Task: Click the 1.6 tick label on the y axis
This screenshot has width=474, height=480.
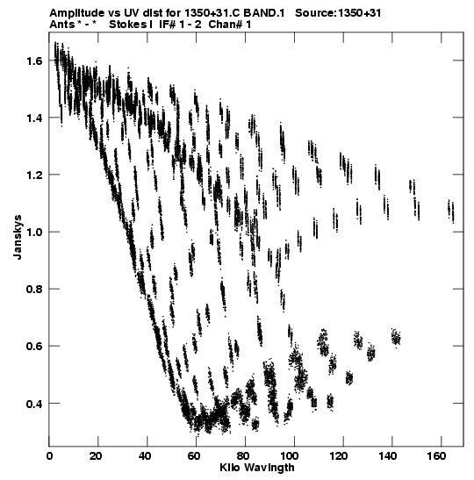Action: [x=33, y=61]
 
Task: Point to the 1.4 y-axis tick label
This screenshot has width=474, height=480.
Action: [x=33, y=118]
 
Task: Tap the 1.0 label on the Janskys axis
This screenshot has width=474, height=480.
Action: [x=33, y=232]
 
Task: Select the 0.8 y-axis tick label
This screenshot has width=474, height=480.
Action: [x=33, y=289]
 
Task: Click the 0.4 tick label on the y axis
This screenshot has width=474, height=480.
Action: [x=33, y=404]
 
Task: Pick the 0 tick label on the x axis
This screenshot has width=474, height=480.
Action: [x=49, y=456]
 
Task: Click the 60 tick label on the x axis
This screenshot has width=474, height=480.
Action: [x=194, y=456]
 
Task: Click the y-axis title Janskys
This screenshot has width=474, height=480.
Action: [x=18, y=237]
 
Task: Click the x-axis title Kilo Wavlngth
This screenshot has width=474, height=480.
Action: [x=257, y=468]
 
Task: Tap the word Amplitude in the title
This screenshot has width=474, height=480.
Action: [x=76, y=13]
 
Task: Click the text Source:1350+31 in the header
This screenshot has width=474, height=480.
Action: [x=338, y=13]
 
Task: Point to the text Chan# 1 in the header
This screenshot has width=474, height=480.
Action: [x=230, y=25]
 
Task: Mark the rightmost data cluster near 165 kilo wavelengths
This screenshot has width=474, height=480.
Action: [x=450, y=211]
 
